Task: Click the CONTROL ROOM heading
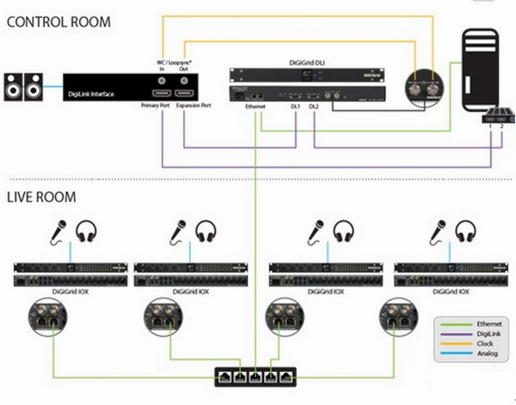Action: tap(59, 21)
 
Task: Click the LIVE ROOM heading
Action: tap(41, 197)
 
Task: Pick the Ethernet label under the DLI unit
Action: tap(256, 107)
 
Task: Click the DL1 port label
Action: tap(296, 107)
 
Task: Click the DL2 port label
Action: tap(314, 107)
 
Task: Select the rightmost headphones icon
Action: tap(466, 232)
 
